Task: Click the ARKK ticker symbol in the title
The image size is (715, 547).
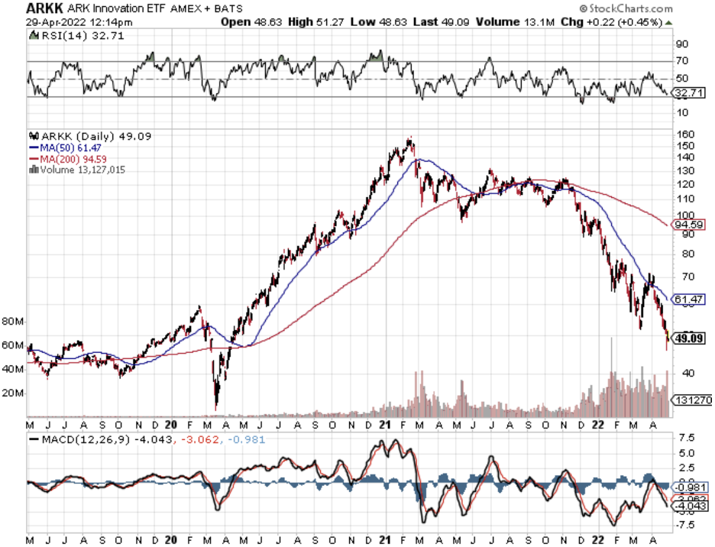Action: coord(24,8)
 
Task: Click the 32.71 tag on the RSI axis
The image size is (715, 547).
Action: coord(687,94)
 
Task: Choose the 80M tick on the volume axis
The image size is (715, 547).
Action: coord(13,322)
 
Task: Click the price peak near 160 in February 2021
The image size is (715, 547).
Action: coord(411,139)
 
